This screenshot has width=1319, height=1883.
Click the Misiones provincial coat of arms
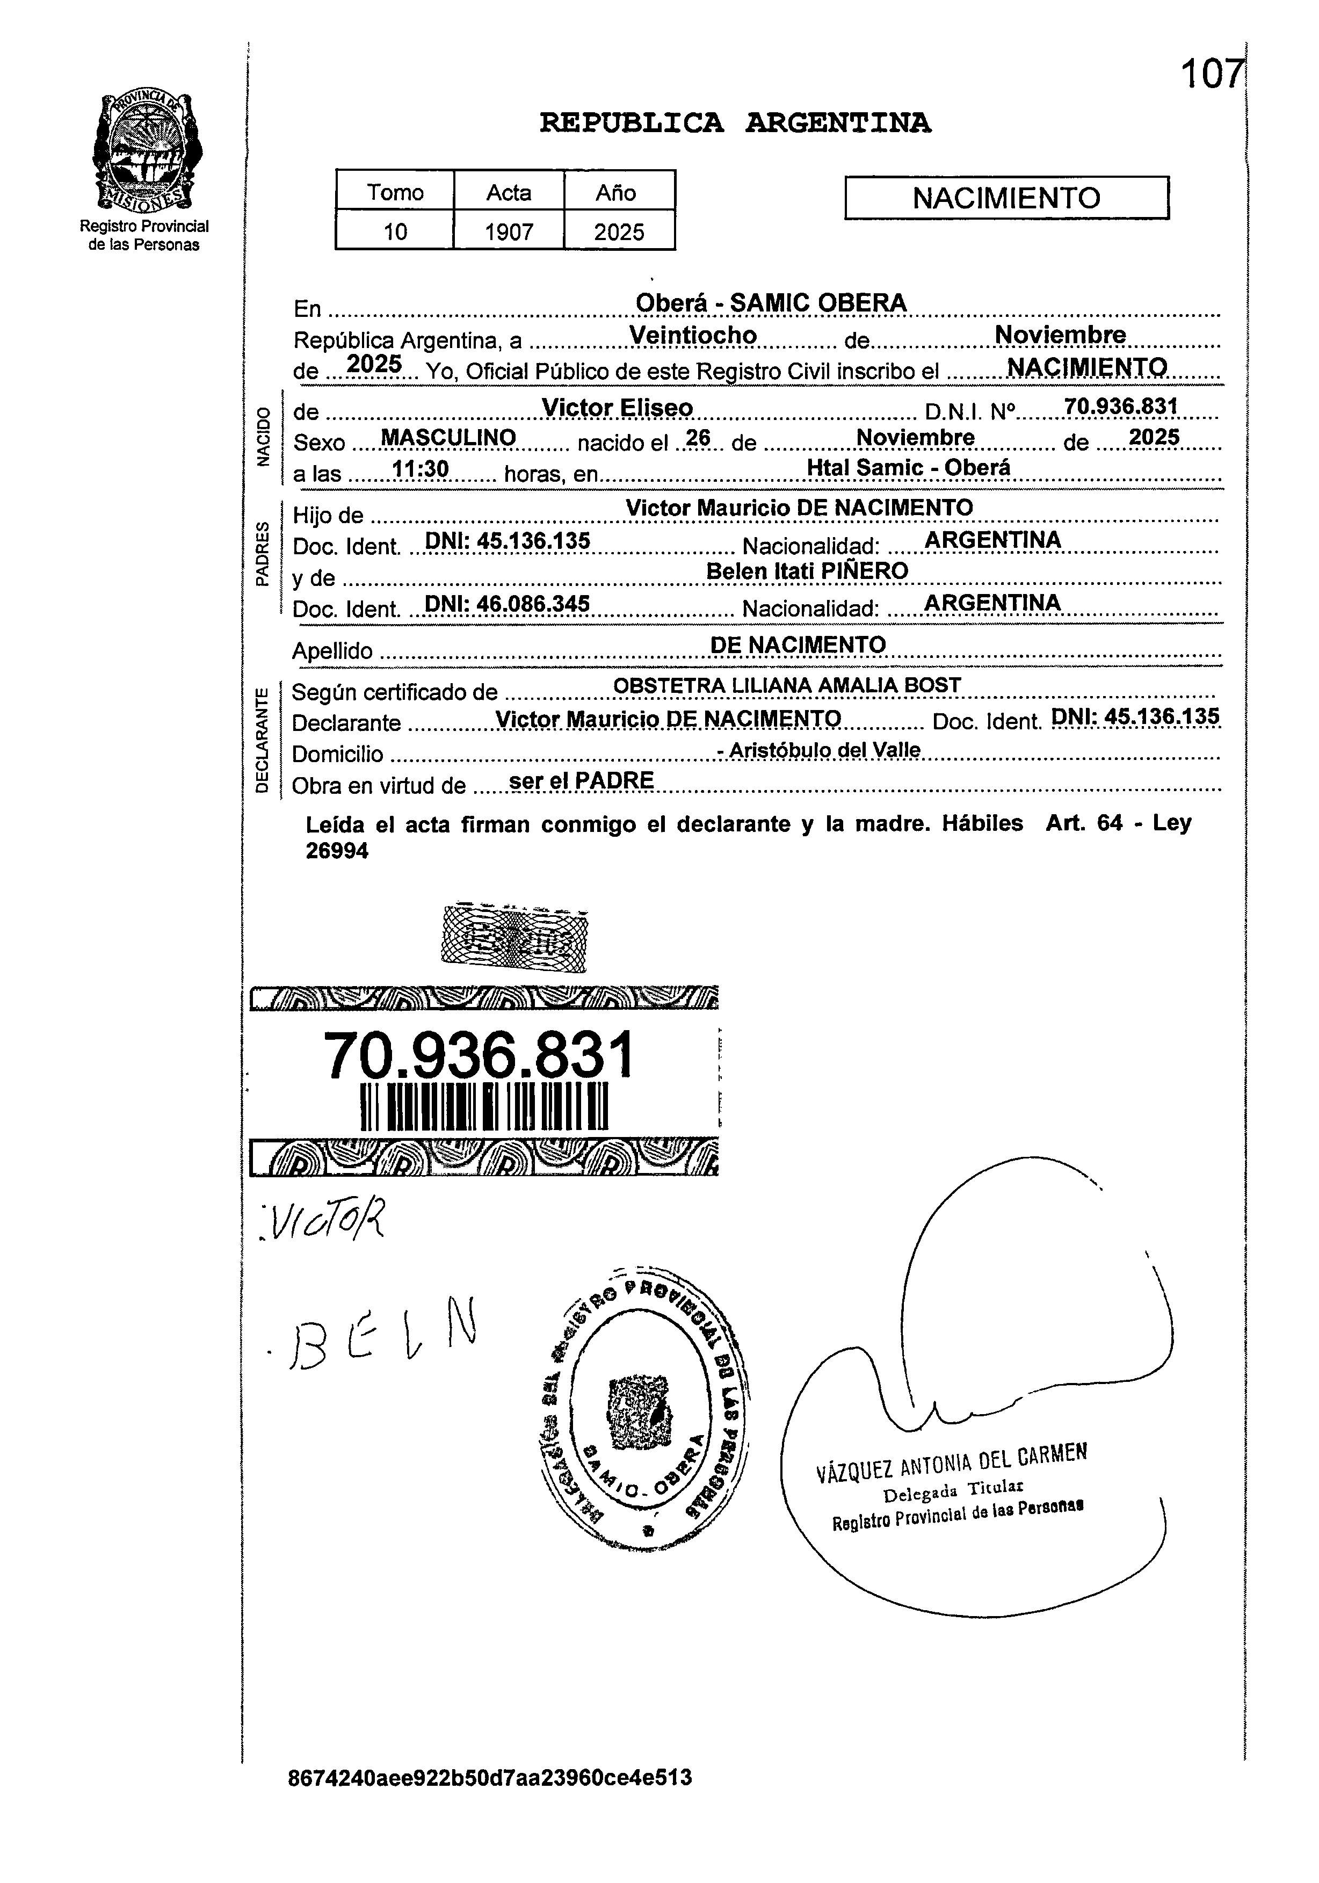pos(148,151)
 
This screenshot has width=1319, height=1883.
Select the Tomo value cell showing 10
pos(395,232)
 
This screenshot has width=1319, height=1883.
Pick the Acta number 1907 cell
pos(509,232)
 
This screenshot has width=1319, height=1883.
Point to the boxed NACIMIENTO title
pos(1006,198)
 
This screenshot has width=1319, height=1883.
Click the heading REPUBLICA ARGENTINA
pos(735,123)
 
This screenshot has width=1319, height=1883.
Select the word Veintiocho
pos(693,336)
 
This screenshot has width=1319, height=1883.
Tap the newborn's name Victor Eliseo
pos(617,408)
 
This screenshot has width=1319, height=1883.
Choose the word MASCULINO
pos(448,438)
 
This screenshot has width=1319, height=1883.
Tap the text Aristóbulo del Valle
pos(824,750)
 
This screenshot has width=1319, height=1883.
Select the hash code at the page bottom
pos(490,1800)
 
